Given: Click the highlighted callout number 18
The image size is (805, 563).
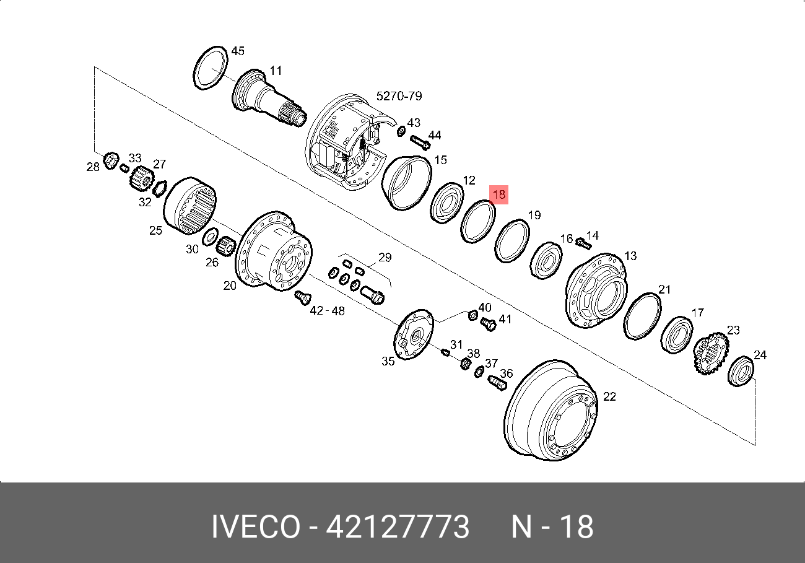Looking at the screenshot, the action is (x=499, y=194).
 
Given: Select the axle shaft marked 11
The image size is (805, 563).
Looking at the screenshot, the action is (x=268, y=98).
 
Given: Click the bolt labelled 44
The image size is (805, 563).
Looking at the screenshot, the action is (x=420, y=142).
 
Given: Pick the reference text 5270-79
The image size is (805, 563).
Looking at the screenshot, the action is (x=399, y=96).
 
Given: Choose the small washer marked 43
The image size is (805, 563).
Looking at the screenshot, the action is (x=401, y=131).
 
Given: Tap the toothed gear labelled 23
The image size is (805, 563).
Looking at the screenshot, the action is (x=711, y=353).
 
